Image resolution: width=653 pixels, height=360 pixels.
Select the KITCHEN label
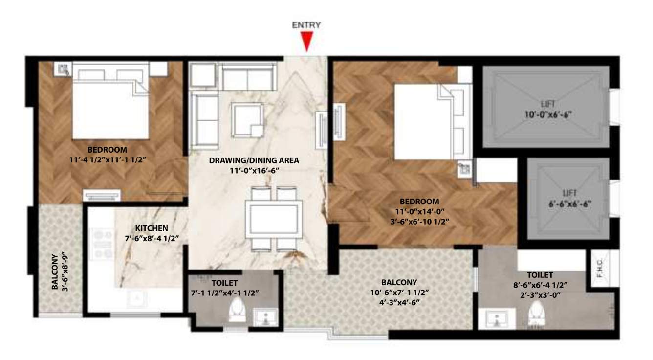pyautogui.click(x=152, y=228)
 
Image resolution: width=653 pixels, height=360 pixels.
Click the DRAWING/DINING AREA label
pyautogui.click(x=254, y=160)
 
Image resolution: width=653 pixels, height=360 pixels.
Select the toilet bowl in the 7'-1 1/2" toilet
pyautogui.click(x=237, y=310)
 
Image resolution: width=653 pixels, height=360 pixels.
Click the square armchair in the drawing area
pyautogui.click(x=248, y=119)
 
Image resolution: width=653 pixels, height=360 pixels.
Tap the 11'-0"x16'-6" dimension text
pyautogui.click(x=254, y=170)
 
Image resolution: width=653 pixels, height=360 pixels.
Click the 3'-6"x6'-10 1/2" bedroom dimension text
pyautogui.click(x=419, y=221)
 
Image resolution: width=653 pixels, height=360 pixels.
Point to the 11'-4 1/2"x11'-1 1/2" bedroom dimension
pyautogui.click(x=108, y=159)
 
